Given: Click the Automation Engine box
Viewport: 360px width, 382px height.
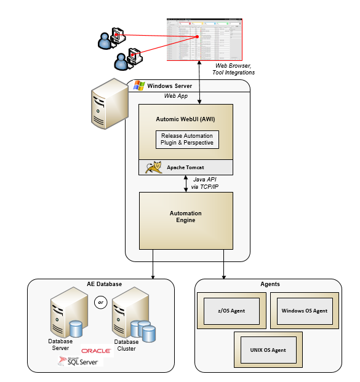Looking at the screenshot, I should click(186, 217).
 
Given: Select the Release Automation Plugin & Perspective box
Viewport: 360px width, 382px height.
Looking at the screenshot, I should click(186, 140).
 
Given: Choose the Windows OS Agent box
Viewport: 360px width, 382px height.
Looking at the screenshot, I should click(304, 311).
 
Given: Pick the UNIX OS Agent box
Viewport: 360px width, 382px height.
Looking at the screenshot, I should click(268, 350).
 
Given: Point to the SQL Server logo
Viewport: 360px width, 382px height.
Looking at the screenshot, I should click(78, 361).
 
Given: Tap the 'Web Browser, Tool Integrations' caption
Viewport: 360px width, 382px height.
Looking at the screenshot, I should click(234, 69).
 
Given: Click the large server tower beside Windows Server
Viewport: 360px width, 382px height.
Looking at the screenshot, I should click(107, 105).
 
